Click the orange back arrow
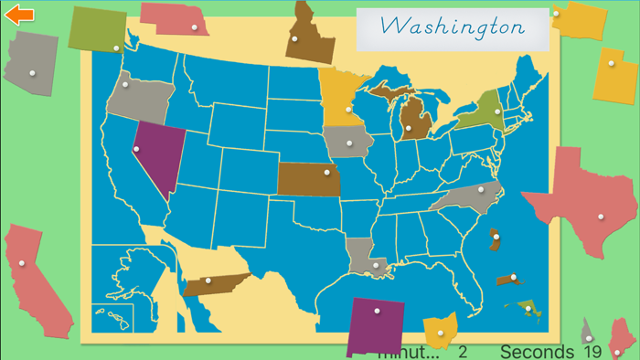[19, 15]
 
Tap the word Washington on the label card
[453, 26]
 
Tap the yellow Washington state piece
[579, 18]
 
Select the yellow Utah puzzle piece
[613, 76]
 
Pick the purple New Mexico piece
[376, 325]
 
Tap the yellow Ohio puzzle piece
[441, 331]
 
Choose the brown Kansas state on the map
[308, 179]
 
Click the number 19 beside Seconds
[592, 352]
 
